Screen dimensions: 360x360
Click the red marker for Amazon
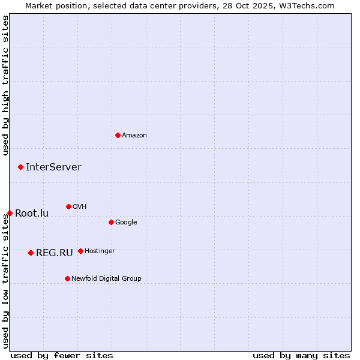pos(118,135)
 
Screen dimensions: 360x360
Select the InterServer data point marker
pos(20,167)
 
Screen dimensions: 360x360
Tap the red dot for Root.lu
pos(10,213)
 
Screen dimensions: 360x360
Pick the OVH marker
pos(68,206)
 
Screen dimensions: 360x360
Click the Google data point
pos(111,222)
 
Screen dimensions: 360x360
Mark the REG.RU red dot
pos(31,253)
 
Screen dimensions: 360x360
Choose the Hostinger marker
pos(80,251)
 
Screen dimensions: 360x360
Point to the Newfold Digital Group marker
pos(67,278)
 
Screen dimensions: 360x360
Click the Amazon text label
pos(134,136)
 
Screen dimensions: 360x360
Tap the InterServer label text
pos(53,167)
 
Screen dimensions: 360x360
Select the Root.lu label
pos(32,214)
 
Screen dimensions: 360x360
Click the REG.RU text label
pos(54,253)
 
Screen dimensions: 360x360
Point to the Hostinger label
pos(100,251)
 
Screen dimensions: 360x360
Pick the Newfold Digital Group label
pos(106,279)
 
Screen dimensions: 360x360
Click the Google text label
pos(126,223)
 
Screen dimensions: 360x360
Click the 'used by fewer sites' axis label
pos(62,355)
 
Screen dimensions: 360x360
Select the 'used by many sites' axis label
pos(301,355)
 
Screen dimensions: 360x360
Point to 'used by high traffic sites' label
pos(6,86)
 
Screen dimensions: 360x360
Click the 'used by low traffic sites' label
pos(6,281)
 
